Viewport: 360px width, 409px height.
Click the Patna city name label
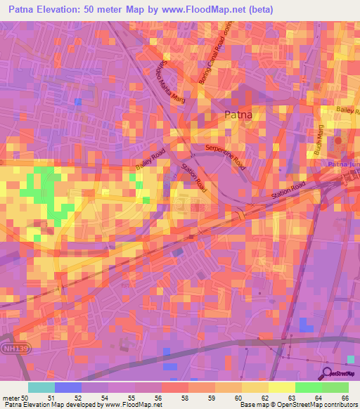238,115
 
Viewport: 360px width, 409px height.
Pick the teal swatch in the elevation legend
41,387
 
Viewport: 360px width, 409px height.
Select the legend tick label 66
344,398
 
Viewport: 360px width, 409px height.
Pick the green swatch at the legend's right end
335,387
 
